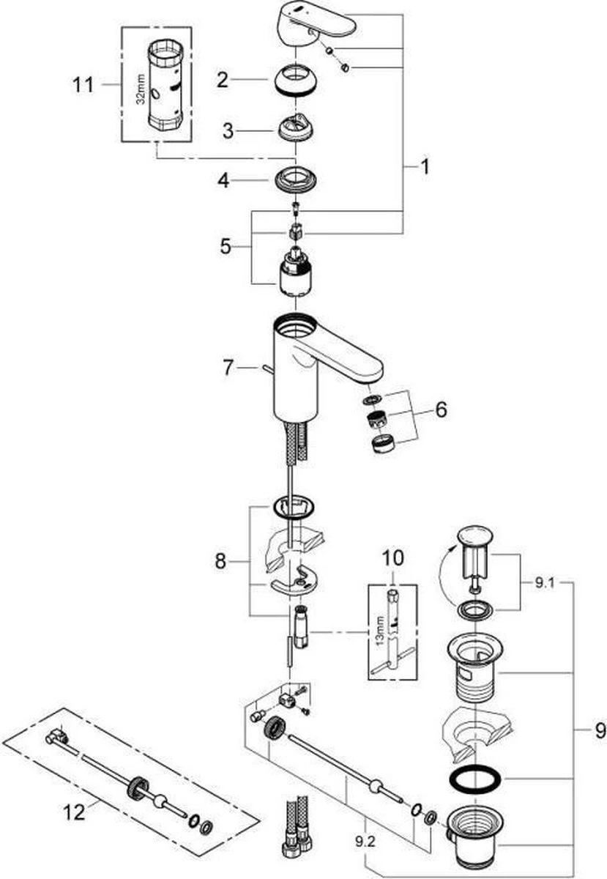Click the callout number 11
[84, 85]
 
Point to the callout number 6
[439, 410]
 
